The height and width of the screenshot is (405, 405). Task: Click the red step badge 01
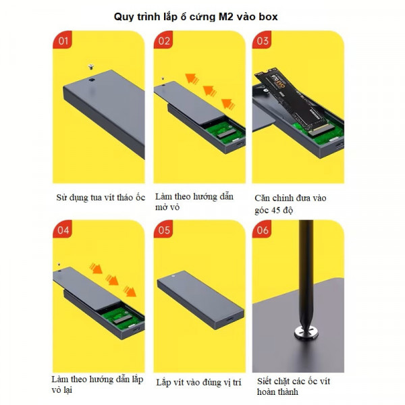coord(62,40)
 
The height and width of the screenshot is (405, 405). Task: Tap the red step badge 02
coord(163,40)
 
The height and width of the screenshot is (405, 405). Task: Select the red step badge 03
coord(262,40)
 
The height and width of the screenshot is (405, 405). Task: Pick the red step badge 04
coord(62,229)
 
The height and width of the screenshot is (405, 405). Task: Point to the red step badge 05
coord(163,229)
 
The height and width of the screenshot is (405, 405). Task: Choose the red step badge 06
coord(262,229)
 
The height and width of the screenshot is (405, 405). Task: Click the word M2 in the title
coord(225,17)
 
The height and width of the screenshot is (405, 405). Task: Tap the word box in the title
coord(268,17)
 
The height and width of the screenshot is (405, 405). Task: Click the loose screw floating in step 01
coord(90,67)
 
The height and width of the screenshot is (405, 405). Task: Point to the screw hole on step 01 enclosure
coord(92,80)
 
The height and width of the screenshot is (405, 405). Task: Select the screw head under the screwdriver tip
coord(306,332)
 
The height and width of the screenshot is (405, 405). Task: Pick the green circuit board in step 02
coord(226,132)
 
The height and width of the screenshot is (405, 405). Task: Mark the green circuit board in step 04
coord(123,319)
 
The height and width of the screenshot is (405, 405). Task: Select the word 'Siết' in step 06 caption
coord(264,381)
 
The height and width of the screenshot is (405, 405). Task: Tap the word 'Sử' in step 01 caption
coord(61,198)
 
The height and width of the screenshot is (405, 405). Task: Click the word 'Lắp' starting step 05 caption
coord(163,383)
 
